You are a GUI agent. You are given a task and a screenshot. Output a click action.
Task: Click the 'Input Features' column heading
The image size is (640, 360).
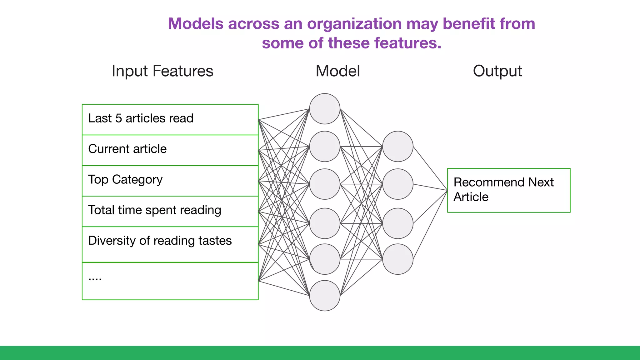162,71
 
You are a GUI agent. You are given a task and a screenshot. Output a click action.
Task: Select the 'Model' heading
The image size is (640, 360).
337,71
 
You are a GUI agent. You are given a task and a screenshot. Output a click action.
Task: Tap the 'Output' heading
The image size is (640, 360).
497,71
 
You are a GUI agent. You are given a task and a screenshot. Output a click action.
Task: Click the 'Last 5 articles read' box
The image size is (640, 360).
170,119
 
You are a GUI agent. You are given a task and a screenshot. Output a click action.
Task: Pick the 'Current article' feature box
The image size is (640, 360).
170,150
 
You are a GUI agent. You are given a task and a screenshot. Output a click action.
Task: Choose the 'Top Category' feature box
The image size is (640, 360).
170,181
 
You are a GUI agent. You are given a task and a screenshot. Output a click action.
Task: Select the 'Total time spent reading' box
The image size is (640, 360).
170,211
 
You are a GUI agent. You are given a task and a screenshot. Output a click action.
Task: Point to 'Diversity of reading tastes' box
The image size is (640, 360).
170,244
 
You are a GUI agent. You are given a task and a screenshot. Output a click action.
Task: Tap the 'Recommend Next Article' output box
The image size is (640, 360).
508,190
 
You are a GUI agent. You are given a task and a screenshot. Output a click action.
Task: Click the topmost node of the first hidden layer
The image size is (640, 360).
324,109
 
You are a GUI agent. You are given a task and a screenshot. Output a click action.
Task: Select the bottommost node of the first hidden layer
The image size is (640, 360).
324,295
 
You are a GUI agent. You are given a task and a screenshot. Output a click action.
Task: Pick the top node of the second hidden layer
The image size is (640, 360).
397,146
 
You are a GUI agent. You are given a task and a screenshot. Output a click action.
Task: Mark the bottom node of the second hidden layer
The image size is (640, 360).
397,259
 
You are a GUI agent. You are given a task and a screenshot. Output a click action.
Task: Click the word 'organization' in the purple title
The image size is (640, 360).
354,24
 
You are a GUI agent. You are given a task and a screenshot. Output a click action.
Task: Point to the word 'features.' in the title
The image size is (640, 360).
407,43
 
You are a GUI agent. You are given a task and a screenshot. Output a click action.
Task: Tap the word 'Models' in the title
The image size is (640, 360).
195,24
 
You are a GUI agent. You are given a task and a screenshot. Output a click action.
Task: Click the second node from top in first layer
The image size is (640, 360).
324,146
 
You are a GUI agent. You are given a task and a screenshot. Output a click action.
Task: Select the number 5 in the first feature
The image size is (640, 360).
118,118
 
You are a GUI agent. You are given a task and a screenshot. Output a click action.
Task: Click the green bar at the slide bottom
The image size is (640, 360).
320,353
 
